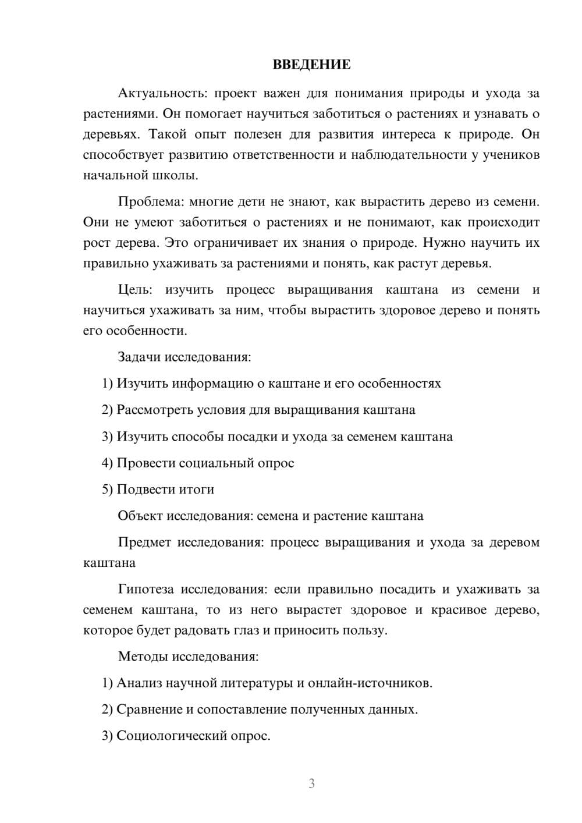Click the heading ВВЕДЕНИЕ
pos(311,65)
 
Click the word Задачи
pos(139,357)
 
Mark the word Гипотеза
pos(145,590)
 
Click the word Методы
pos(143,657)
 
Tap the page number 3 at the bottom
pos(311,783)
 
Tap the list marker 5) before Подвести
pos(107,489)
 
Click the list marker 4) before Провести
pos(107,463)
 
